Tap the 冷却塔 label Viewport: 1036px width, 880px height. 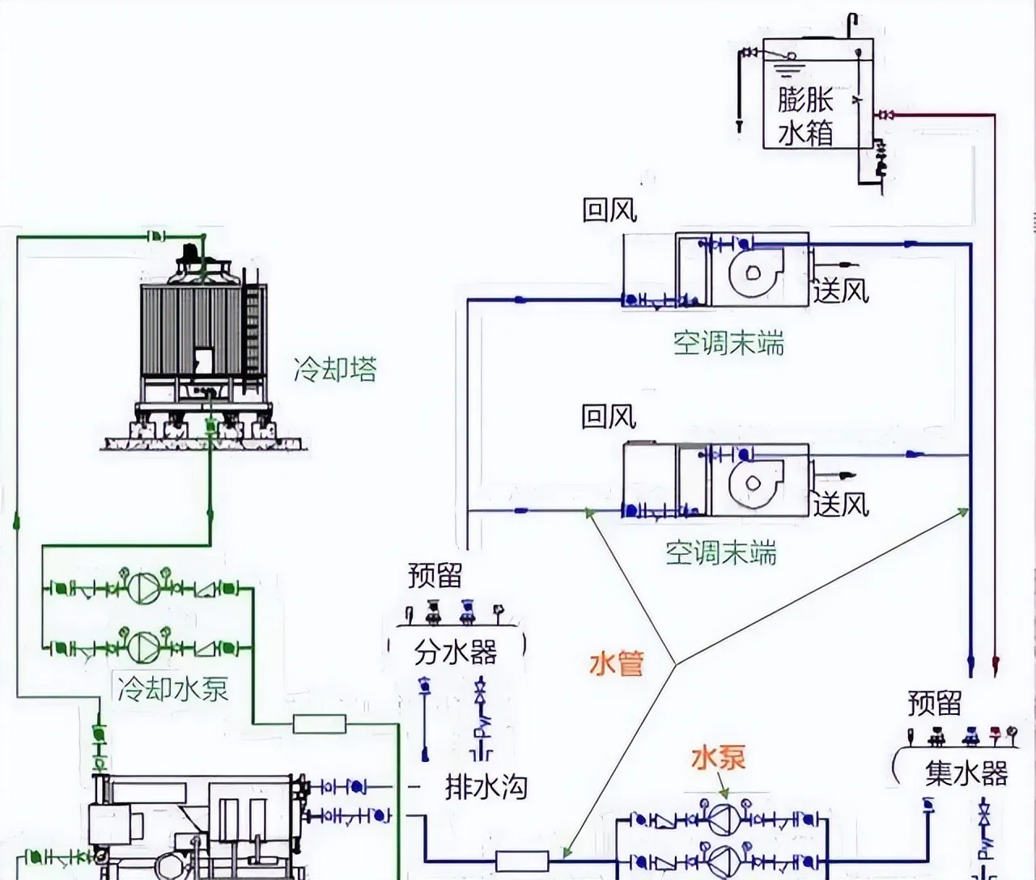335,370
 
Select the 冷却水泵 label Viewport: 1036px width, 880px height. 172,689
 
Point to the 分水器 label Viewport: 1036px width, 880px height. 455,652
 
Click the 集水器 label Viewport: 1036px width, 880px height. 966,774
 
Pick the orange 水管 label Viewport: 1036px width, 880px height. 617,664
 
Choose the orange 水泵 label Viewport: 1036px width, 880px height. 718,758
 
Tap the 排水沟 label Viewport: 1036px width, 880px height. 486,786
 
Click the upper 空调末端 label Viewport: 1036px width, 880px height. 729,344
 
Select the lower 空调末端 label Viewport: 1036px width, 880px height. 721,553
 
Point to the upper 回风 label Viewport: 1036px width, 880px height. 609,210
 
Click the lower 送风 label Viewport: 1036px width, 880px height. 841,505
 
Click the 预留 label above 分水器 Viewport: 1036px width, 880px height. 435,576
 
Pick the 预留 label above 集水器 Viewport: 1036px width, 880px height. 934,703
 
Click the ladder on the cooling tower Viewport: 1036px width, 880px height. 253,332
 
